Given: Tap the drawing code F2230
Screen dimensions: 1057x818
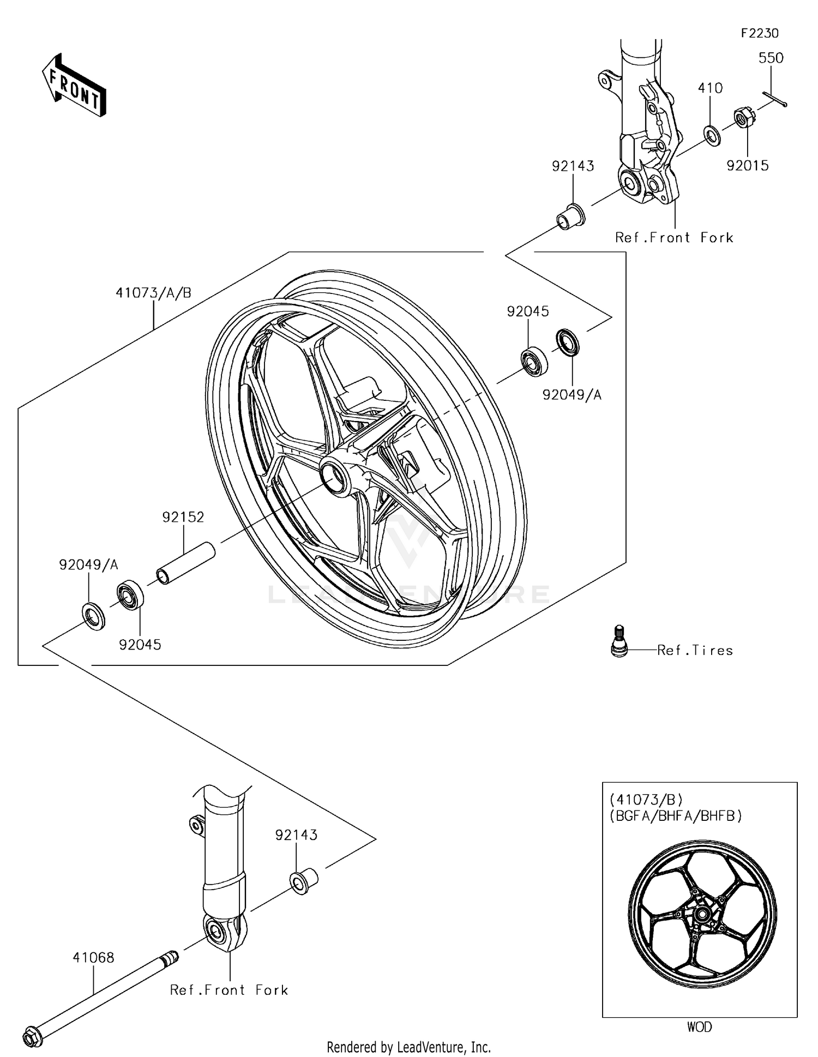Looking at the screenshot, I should [759, 33].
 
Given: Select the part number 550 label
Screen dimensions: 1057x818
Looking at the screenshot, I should [771, 58].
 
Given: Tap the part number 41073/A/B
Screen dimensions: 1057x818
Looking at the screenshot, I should [153, 293].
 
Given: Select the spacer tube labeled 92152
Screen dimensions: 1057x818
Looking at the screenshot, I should [185, 563].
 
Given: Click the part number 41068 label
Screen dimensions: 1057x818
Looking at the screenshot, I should [93, 957].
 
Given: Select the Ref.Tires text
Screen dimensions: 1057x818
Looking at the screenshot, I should [695, 650].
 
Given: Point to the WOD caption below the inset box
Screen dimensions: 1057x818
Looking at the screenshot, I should [699, 1027].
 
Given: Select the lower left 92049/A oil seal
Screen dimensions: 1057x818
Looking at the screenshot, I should [93, 616].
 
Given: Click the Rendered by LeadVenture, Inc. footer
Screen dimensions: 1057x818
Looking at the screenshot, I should [408, 1047].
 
